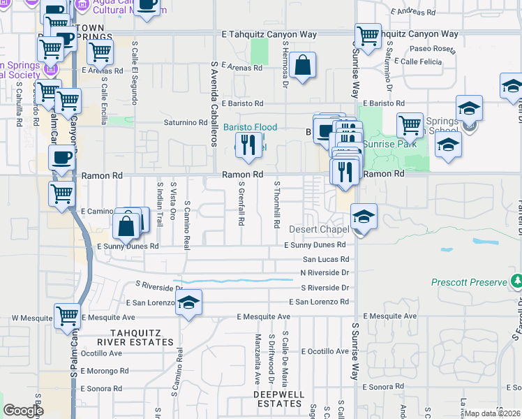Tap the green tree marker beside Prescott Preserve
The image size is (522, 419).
(x=516, y=281)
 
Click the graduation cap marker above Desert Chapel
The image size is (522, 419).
(x=364, y=218)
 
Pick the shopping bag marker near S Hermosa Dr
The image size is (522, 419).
(x=303, y=66)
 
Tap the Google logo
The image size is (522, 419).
(x=23, y=411)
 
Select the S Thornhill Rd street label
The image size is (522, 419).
(x=277, y=205)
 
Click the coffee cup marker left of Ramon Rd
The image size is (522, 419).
(x=61, y=159)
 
